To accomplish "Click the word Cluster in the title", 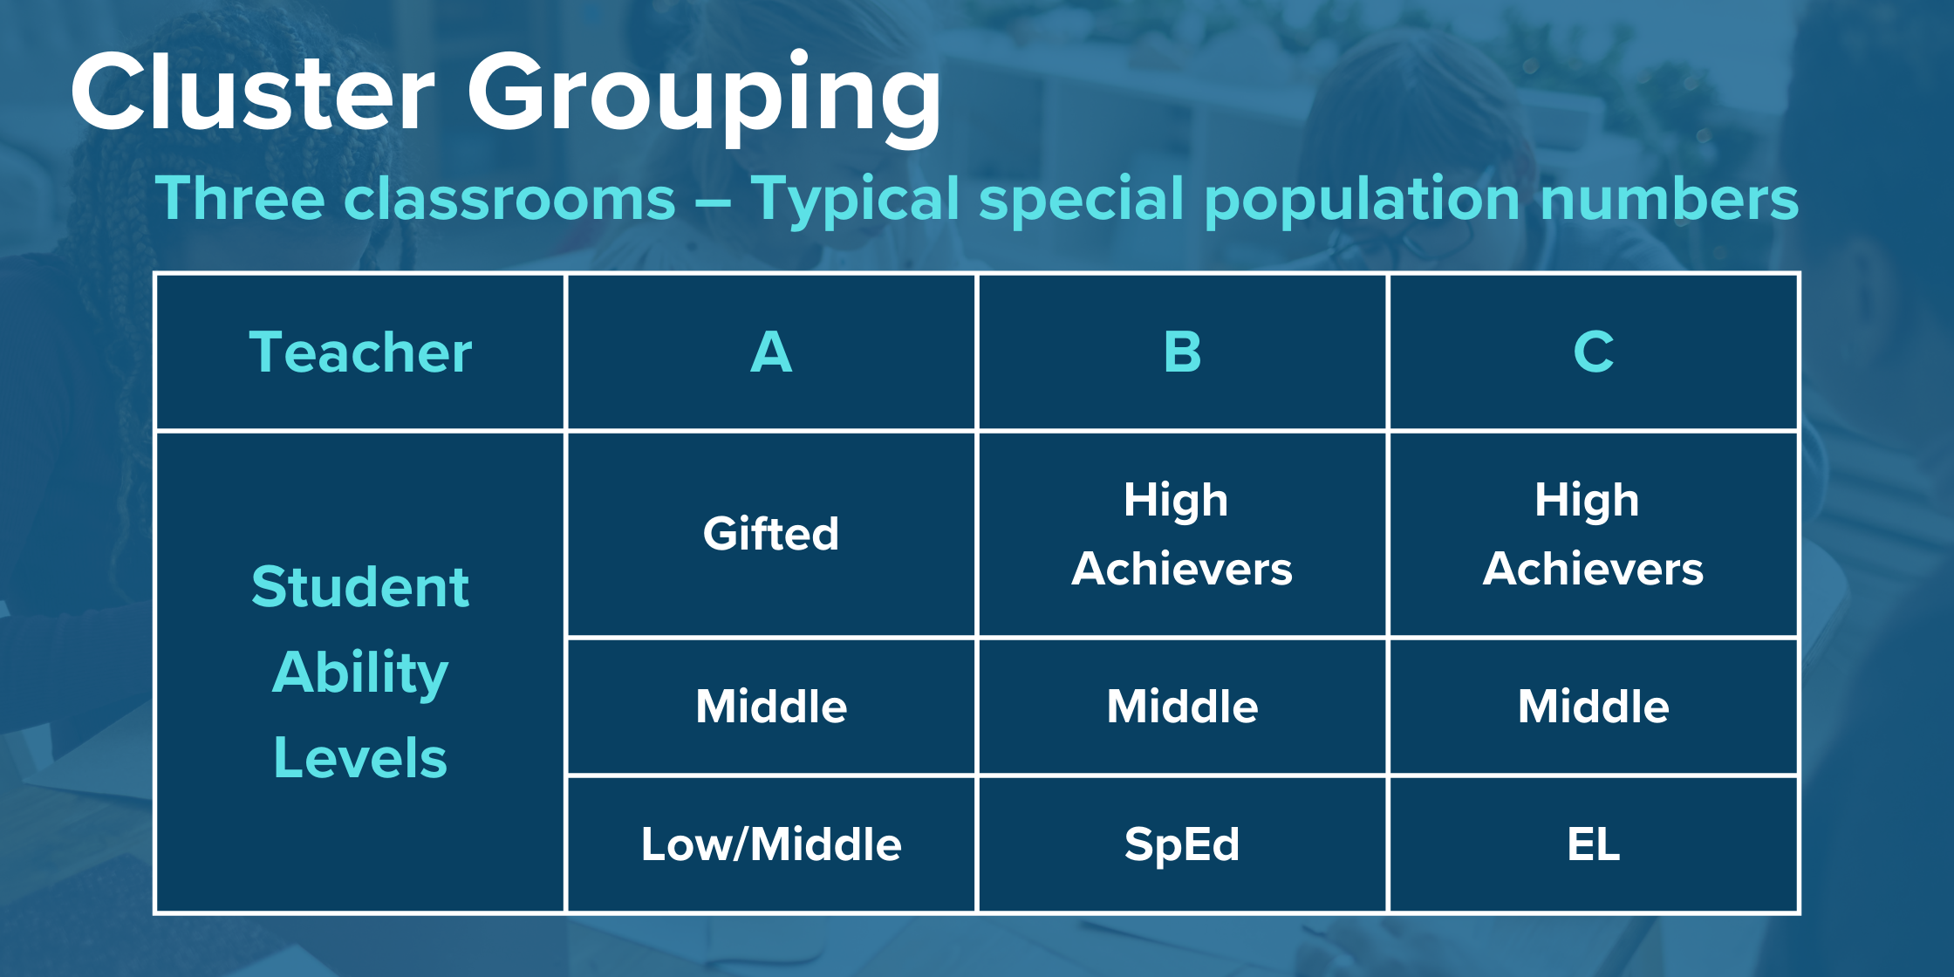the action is pos(253,91).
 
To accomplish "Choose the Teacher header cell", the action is pos(360,352).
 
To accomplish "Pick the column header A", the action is pos(771,352).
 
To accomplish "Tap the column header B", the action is pos(1182,352).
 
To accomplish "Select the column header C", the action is pos(1593,352).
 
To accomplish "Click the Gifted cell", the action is pos(771,534).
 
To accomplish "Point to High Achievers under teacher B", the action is pos(1182,534).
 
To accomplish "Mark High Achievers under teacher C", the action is pos(1593,534).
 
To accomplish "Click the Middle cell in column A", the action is pos(771,707).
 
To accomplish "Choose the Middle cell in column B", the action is pos(1182,707).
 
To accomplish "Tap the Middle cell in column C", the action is pos(1593,707).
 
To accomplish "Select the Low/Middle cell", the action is pos(771,844).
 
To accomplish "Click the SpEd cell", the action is pos(1182,844).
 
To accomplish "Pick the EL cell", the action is pos(1593,844).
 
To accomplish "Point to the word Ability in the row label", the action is pos(360,673).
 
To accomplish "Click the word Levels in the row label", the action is pos(360,757).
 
